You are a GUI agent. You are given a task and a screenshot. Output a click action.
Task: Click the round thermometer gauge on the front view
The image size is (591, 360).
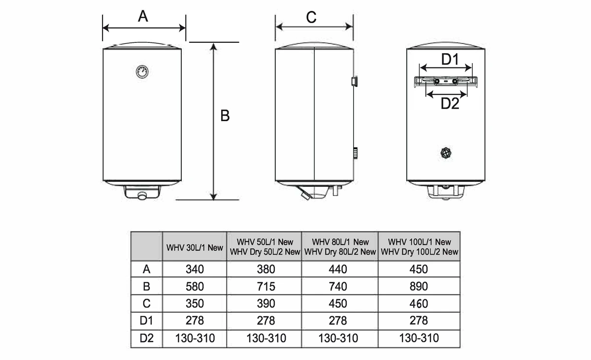(x=142, y=72)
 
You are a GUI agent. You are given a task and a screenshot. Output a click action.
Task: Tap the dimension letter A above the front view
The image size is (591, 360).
(x=143, y=16)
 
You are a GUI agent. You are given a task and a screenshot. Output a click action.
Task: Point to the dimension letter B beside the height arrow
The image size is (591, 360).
(x=225, y=116)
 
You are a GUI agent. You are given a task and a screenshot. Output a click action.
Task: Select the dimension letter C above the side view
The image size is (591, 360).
(x=311, y=17)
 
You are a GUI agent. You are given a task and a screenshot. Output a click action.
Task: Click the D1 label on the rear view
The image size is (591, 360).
(x=450, y=59)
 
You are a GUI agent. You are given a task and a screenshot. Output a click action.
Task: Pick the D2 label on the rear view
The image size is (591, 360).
(x=450, y=103)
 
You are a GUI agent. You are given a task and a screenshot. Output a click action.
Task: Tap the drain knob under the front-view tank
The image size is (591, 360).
(x=142, y=196)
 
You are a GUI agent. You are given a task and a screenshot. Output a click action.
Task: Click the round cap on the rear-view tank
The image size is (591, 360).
(x=446, y=153)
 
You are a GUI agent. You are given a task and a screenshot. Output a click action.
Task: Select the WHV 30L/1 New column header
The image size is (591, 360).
(x=195, y=248)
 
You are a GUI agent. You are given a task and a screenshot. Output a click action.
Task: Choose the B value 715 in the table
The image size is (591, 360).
(x=266, y=287)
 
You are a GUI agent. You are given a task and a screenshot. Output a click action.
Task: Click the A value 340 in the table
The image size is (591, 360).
(x=195, y=269)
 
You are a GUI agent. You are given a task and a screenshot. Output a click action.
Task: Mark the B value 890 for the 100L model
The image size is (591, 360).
(x=419, y=287)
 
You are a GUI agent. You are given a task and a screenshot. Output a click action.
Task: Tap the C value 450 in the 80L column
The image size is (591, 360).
(x=338, y=303)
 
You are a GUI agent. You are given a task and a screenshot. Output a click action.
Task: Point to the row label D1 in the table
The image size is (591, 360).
(x=146, y=321)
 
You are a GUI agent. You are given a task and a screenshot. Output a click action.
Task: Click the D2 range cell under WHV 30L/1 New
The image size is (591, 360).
(x=195, y=338)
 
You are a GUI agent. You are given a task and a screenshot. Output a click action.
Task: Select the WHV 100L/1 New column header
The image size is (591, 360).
(x=420, y=242)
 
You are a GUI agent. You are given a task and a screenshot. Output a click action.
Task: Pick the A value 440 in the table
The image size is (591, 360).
(x=338, y=269)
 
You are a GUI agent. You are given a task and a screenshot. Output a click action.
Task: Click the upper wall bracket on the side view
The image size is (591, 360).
(x=355, y=81)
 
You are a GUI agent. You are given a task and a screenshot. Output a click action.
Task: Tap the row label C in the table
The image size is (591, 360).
(x=146, y=303)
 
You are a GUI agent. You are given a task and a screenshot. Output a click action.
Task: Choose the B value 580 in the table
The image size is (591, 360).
(x=195, y=287)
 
